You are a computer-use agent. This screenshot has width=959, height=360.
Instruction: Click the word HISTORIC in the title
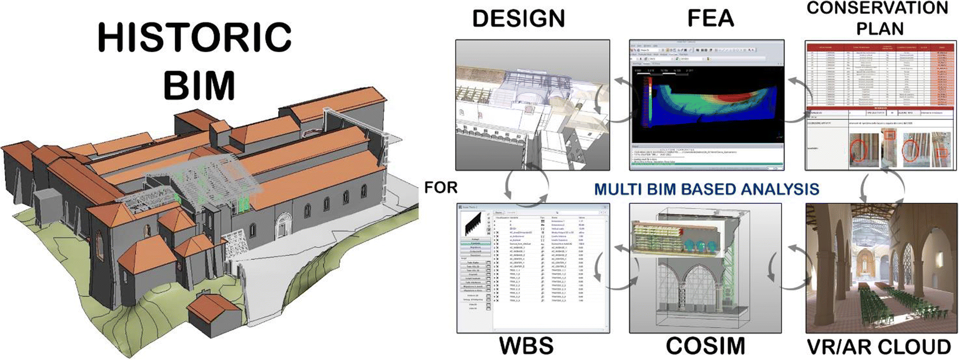pos(195,37)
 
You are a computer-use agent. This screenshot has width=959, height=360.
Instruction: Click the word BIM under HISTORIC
pos(199,85)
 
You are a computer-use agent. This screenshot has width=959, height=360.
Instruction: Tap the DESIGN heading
pos(519,19)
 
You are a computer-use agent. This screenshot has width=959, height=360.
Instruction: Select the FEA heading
pos(710,19)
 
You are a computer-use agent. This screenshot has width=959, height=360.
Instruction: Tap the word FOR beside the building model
pos(440,188)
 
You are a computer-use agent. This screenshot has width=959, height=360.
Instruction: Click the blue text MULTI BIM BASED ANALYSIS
pos(707,189)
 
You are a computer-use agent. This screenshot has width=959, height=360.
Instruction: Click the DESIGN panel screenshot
pos(533,105)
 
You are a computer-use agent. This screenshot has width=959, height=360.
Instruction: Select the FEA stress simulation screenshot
pos(706,105)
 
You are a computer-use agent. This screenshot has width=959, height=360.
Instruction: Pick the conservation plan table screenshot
pos(881,105)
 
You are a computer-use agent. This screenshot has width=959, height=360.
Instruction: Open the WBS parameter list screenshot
pos(533,268)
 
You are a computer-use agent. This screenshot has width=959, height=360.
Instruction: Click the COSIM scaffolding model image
pos(705,268)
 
